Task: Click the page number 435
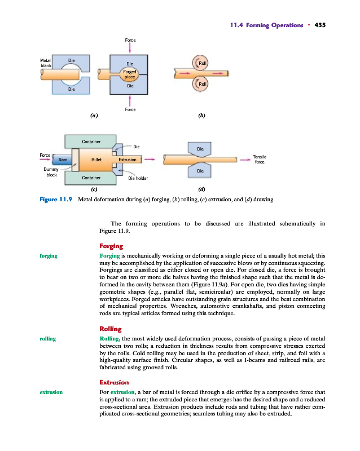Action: [x=321, y=25]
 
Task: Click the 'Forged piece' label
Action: [x=130, y=74]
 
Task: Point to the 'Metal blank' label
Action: [x=46, y=63]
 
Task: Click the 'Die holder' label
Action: [x=138, y=178]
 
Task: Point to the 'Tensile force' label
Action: [x=260, y=160]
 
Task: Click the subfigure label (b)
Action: [x=201, y=116]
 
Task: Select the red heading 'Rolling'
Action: [x=110, y=329]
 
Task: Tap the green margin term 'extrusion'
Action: [x=51, y=391]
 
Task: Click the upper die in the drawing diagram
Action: [x=200, y=149]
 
